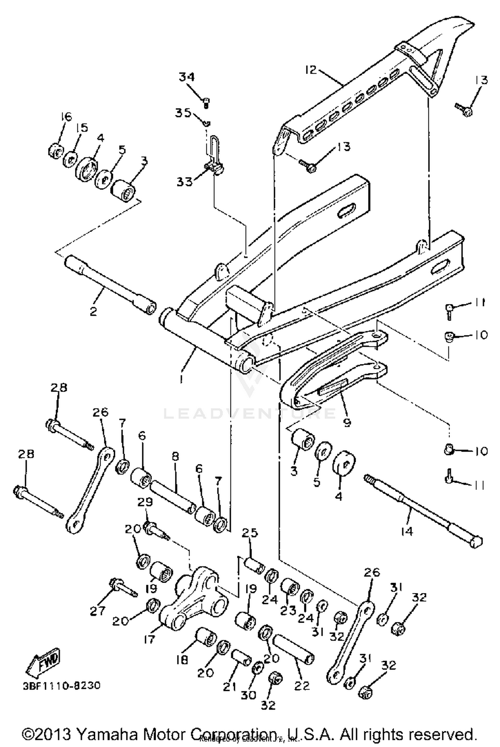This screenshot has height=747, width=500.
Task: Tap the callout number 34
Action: (x=187, y=77)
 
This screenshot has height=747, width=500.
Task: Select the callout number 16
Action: (x=66, y=117)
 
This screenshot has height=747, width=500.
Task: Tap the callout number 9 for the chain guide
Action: (x=347, y=423)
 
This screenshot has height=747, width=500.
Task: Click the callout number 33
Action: (x=185, y=182)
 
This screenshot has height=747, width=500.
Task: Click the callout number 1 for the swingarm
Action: (x=181, y=379)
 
